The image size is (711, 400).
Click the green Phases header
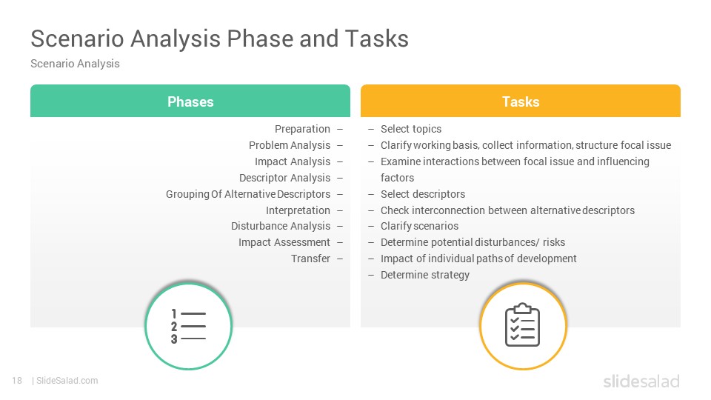click(190, 101)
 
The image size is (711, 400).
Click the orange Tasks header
click(521, 101)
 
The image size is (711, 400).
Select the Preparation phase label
click(302, 129)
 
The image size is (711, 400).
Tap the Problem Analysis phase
click(290, 145)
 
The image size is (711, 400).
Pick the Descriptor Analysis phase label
click(284, 178)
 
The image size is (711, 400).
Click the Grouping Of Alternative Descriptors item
click(248, 194)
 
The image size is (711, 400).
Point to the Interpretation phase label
click(298, 210)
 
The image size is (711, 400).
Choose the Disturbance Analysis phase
click(281, 226)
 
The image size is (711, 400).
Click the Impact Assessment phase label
click(284, 242)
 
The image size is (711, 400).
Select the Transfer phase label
click(310, 259)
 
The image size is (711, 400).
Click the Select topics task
click(411, 129)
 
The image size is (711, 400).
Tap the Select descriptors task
click(423, 194)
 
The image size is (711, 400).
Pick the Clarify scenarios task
click(419, 226)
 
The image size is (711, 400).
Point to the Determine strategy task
click(425, 275)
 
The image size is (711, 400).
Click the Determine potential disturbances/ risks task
click(473, 242)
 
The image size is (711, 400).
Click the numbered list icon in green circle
click(189, 326)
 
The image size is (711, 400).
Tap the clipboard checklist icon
click(522, 324)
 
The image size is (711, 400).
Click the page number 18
click(17, 381)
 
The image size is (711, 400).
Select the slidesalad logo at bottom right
click(641, 381)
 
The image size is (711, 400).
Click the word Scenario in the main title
click(77, 39)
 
